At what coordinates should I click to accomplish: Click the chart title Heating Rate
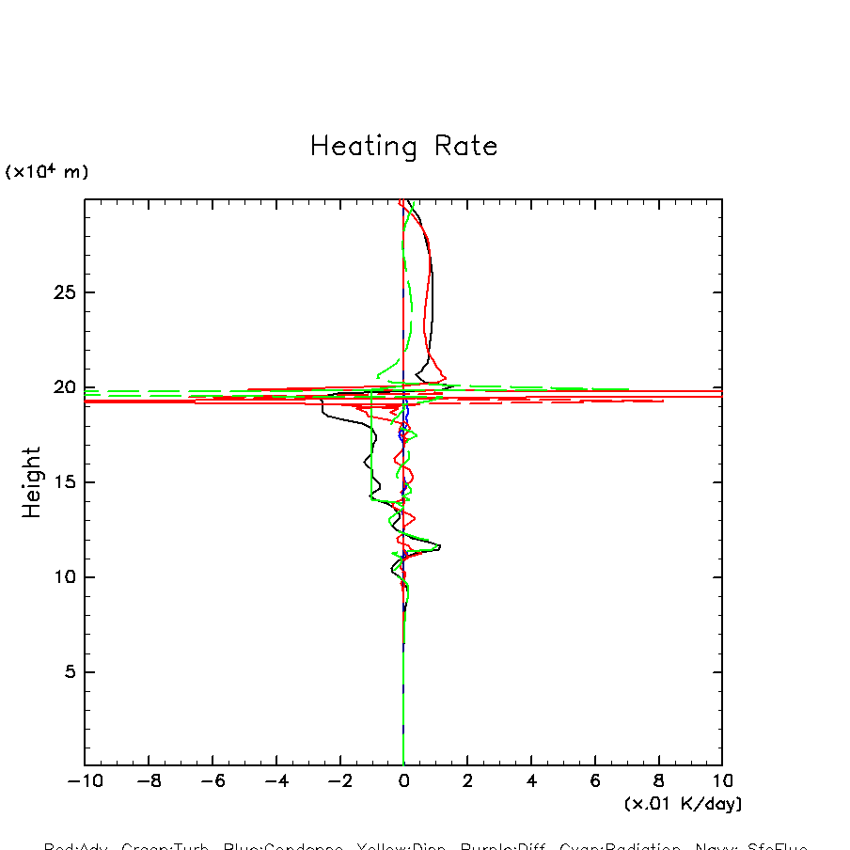click(x=403, y=147)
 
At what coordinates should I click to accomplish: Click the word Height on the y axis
click(x=33, y=482)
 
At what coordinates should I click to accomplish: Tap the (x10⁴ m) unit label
click(x=47, y=172)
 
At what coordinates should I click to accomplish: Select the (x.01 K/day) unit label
click(x=683, y=804)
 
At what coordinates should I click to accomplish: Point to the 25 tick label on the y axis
click(x=62, y=292)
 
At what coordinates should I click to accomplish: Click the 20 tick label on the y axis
click(x=62, y=387)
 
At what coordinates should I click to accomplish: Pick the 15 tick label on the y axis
click(x=62, y=482)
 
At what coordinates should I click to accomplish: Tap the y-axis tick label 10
click(x=62, y=577)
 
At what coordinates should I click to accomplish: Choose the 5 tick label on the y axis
click(x=68, y=672)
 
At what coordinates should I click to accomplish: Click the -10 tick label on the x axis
click(x=84, y=782)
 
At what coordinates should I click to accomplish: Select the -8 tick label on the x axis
click(x=149, y=782)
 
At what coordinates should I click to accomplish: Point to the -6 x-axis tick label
click(x=212, y=782)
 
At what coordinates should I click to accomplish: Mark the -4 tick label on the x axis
click(x=276, y=782)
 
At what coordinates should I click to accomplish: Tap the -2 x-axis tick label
click(x=339, y=782)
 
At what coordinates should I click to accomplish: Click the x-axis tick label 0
click(x=403, y=782)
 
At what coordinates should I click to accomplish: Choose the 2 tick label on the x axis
click(x=467, y=782)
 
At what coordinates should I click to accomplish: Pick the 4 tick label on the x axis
click(x=531, y=782)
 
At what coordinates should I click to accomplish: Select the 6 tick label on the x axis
click(x=595, y=782)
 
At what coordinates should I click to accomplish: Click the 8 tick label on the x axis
click(x=658, y=782)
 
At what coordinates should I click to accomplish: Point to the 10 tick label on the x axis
click(x=722, y=782)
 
